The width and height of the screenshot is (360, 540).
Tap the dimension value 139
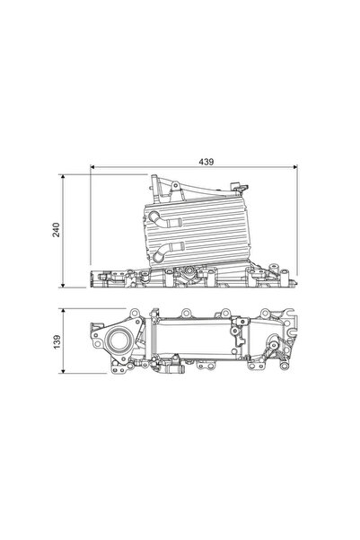[57, 342]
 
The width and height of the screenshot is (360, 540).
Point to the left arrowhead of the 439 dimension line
[93, 167]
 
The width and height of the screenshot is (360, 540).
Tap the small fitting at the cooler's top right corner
[239, 186]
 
